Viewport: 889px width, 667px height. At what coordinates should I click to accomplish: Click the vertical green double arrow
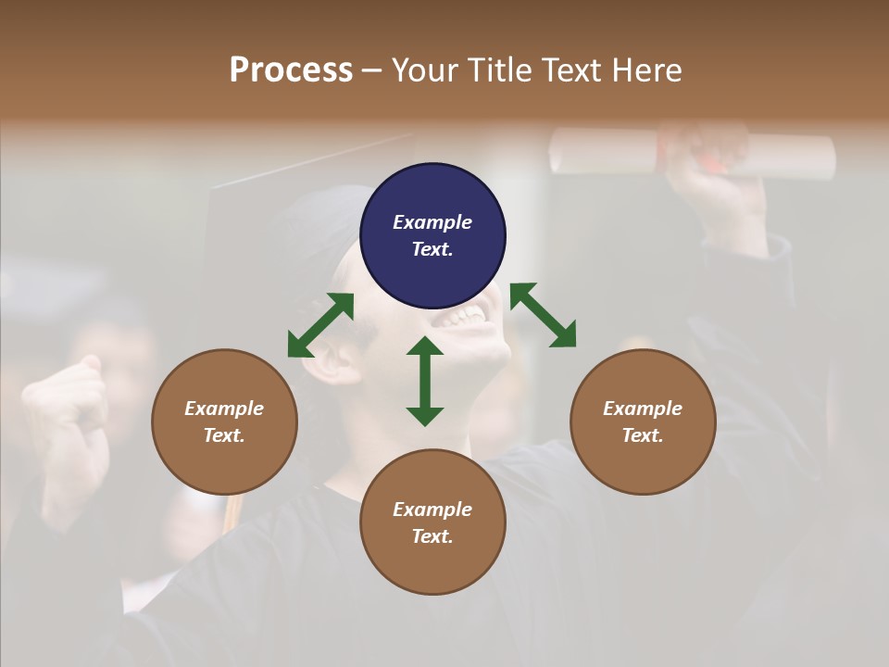pos(425,381)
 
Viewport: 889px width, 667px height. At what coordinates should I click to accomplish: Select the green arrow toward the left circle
pos(320,325)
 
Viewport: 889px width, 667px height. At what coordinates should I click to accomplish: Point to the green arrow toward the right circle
pos(544,316)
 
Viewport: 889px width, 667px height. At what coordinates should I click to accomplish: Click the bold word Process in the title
pos(291,70)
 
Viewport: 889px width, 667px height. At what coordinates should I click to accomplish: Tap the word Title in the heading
pos(500,70)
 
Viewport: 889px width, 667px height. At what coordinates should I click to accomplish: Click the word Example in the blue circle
pos(432,222)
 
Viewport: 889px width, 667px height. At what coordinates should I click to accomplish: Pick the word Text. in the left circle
pos(224,435)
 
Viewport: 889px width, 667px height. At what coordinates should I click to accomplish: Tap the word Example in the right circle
pos(643,409)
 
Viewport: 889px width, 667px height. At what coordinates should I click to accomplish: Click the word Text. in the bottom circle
pos(432,536)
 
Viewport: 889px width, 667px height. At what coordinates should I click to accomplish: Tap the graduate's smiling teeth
pos(460,319)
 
